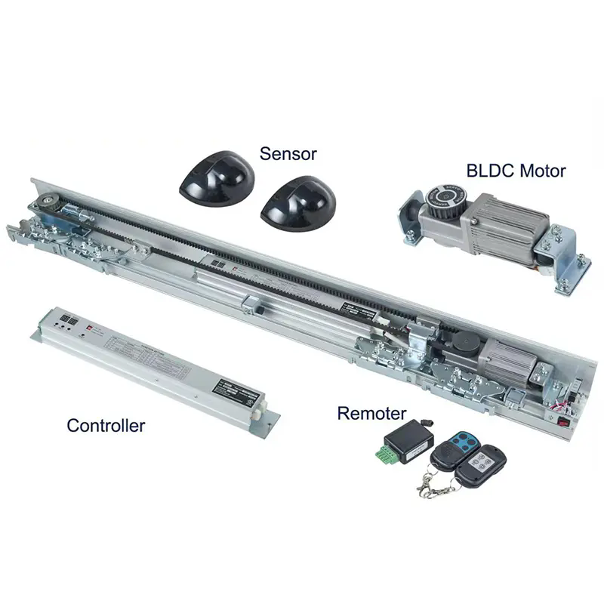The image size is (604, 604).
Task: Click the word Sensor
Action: pos(288,154)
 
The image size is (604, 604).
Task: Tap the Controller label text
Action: pos(106,425)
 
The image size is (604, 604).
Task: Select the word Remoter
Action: pos(371,413)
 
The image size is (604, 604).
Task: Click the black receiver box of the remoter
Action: pos(408,443)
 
